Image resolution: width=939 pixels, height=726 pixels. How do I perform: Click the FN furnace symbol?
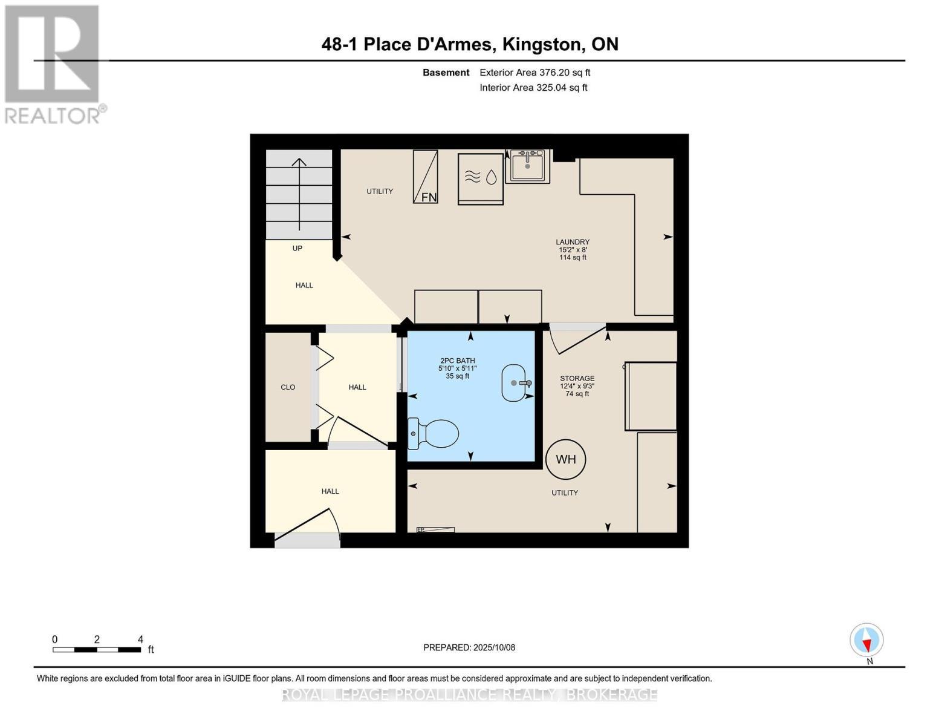coord(426,177)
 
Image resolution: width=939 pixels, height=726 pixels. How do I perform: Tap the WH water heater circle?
coord(565,459)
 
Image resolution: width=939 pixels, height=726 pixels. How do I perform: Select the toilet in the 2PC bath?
coord(434,434)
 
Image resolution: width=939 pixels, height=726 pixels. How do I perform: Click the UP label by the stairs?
coord(297,248)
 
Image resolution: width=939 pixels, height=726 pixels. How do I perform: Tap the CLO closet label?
coord(288,387)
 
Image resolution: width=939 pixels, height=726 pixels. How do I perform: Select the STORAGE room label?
coord(577,379)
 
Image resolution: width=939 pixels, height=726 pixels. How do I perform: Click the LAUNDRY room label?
coord(573,242)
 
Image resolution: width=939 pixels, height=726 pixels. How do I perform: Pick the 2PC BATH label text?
coord(458,361)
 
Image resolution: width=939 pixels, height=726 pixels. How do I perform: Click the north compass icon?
coord(866,640)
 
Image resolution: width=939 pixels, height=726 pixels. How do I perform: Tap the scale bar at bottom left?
coord(97,650)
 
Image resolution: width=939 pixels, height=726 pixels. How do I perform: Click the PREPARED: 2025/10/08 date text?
coord(469,647)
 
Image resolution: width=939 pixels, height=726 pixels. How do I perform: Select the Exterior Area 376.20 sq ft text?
coord(534,73)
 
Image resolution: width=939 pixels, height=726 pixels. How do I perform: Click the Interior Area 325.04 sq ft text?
coord(533,88)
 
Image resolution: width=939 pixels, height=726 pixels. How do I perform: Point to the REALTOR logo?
coord(53,64)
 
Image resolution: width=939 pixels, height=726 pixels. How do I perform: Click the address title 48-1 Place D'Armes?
coord(470,44)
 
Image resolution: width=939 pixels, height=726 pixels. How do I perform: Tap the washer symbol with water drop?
coord(481,178)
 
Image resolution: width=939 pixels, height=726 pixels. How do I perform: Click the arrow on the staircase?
coord(299,194)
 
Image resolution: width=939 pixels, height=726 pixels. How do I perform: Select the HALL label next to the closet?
coord(357,387)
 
